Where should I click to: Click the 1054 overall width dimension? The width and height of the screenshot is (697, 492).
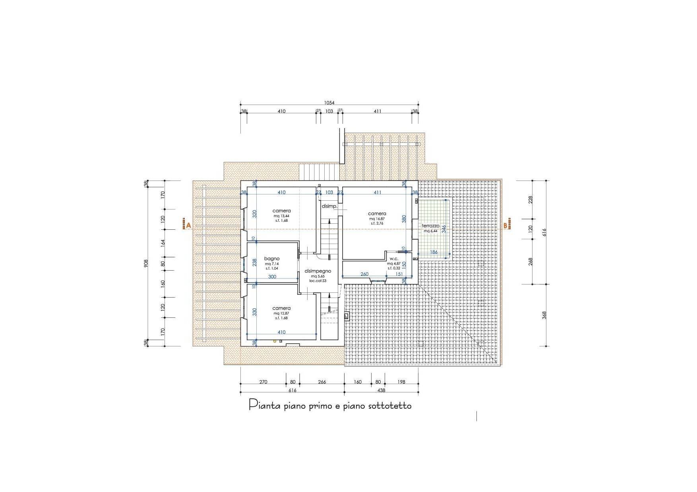pos(329,103)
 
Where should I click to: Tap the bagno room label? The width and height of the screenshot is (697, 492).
pos(272,259)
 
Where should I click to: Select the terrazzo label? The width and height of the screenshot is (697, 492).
pos(431,225)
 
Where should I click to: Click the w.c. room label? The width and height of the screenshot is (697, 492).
pos(394,259)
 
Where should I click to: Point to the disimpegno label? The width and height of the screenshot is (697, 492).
pos(318,271)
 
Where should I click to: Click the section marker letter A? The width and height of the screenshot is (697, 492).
pos(188,225)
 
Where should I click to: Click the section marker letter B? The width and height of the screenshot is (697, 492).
pos(506,225)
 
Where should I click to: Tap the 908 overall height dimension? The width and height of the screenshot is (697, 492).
pos(146,263)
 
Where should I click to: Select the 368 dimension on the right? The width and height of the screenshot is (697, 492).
pos(544,315)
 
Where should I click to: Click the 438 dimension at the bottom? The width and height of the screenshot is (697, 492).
pos(381,390)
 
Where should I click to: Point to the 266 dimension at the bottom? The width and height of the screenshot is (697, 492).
pos(322,382)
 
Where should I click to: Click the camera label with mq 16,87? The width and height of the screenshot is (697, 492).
pos(377,213)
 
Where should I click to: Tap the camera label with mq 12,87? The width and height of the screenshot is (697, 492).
pos(281,308)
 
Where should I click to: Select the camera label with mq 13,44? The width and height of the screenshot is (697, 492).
pos(281,211)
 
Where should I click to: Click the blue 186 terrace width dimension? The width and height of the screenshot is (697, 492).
pos(434,252)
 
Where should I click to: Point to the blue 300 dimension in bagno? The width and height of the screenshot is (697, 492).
pos(272,277)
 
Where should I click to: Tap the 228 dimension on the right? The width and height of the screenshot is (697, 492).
pos(530,199)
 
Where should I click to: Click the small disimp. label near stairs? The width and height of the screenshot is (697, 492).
pos(329,206)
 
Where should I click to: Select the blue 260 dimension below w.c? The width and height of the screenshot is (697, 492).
pos(364,274)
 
